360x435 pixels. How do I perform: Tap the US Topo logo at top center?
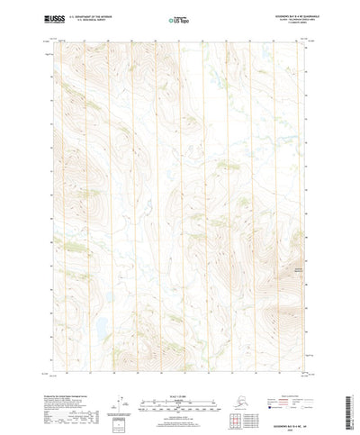pos(180,19)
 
